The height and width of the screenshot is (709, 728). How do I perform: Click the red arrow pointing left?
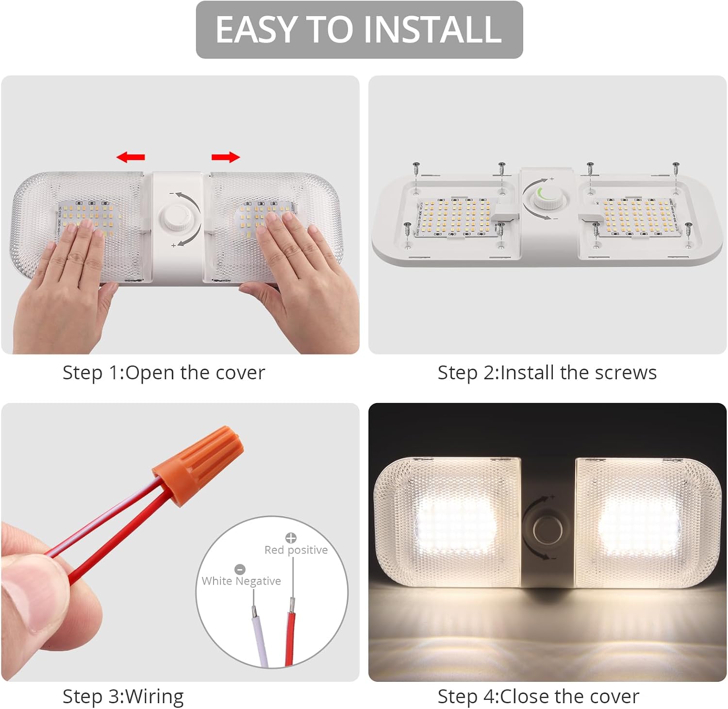tap(131, 157)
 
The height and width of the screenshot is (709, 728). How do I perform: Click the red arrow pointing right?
tap(226, 157)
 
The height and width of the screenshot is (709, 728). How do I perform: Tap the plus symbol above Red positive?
tap(291, 538)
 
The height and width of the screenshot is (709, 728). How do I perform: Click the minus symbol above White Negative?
tap(240, 569)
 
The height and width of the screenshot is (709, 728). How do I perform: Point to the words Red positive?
tap(296, 550)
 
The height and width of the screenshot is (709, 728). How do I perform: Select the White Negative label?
tap(241, 581)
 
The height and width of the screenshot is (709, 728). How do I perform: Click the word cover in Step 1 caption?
tap(240, 373)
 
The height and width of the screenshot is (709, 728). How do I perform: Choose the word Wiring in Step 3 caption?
tap(154, 696)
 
